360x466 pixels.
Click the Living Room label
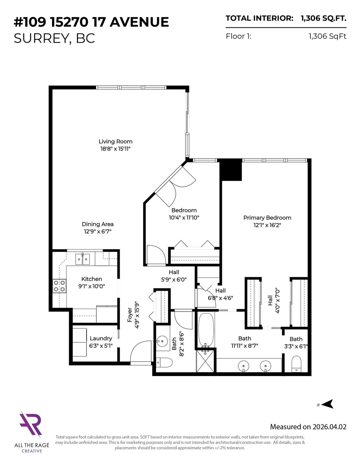click(x=115, y=142)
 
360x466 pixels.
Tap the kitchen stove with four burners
click(x=59, y=286)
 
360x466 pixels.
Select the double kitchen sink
click(x=83, y=259)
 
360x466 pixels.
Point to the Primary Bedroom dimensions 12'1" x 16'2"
click(x=267, y=225)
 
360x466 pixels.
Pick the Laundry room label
click(x=101, y=338)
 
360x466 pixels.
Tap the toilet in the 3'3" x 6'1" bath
click(x=297, y=364)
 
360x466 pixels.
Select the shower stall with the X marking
click(x=205, y=361)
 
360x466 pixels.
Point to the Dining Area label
click(x=98, y=224)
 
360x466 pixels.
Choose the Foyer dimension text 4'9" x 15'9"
click(x=137, y=315)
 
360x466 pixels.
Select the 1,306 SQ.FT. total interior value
click(x=324, y=18)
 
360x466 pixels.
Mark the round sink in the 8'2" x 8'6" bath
click(x=162, y=340)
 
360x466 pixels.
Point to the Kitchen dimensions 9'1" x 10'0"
click(x=92, y=286)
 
